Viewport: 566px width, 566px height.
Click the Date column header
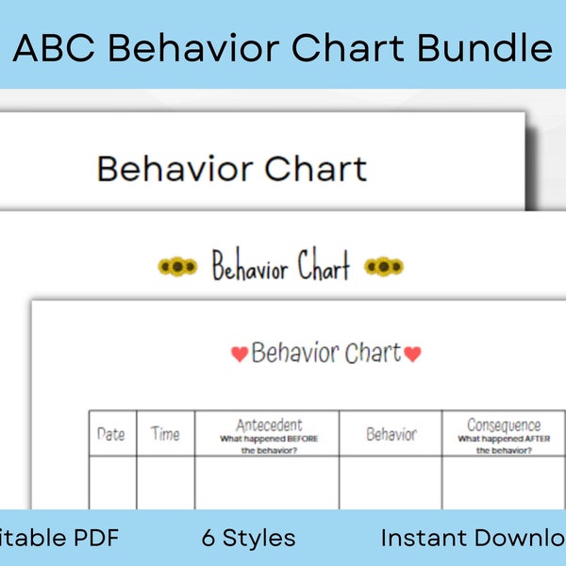coord(111,434)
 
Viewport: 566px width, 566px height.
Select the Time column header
coord(165,434)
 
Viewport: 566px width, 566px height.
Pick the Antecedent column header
coord(269,425)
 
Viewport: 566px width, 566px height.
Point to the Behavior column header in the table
coord(391,434)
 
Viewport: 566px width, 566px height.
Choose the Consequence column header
coord(504,425)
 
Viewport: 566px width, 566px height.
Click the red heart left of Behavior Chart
coord(240,355)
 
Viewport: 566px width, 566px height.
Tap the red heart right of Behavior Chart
coord(412,355)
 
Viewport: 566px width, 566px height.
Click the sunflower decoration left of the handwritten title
coord(176,267)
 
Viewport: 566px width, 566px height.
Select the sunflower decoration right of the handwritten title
coord(384,267)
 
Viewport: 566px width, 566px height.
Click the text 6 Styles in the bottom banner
coord(248,539)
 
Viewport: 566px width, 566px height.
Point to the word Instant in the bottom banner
coord(422,539)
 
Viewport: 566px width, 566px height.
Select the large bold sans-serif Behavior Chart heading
coord(231,169)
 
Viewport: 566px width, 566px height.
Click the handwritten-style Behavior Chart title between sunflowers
coord(280,267)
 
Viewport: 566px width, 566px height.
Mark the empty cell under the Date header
coord(111,483)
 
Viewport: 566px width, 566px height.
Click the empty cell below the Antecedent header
coord(267,483)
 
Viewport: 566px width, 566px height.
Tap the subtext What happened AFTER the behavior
coord(504,444)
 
